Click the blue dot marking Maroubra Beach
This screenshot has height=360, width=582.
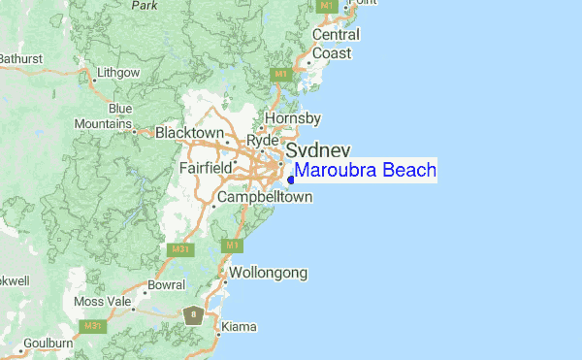291,179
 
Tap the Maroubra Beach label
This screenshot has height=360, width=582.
366,171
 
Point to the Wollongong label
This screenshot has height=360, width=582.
268,273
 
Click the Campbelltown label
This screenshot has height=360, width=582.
265,197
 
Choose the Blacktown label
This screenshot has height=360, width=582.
190,133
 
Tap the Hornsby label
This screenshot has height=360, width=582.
293,117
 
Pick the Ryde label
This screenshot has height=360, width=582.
262,141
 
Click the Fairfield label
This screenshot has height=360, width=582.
206,168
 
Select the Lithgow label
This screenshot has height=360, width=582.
118,73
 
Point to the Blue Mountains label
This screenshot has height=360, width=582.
110,116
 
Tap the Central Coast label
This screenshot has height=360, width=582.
336,44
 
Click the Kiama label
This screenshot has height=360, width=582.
239,327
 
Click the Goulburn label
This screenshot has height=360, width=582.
48,343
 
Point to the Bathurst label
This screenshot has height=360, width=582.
20,58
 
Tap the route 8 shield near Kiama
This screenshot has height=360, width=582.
195,314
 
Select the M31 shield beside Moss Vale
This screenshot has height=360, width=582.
93,326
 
